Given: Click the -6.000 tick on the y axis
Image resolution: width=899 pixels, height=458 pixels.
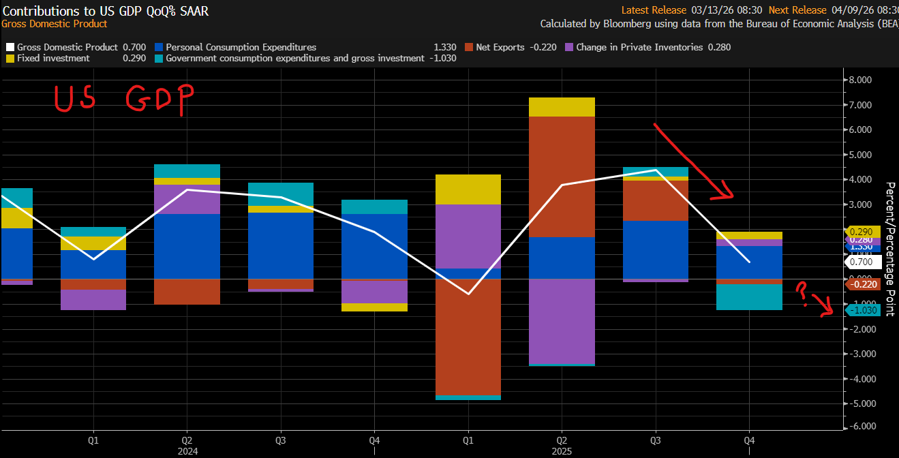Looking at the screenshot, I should click(860, 427).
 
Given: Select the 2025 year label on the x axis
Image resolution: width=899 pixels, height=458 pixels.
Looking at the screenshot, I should click(562, 451).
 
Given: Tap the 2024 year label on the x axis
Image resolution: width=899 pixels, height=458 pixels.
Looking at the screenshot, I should click(187, 451).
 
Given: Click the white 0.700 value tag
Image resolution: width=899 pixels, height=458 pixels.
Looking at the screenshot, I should click(862, 262).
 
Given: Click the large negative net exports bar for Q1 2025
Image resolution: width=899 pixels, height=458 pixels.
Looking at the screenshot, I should click(468, 337).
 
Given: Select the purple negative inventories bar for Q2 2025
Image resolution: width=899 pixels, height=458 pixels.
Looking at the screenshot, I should click(562, 321).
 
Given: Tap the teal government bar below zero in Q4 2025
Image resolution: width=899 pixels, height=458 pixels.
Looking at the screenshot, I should click(748, 297).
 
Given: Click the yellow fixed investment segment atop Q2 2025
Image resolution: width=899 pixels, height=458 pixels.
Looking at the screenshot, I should click(562, 107).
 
